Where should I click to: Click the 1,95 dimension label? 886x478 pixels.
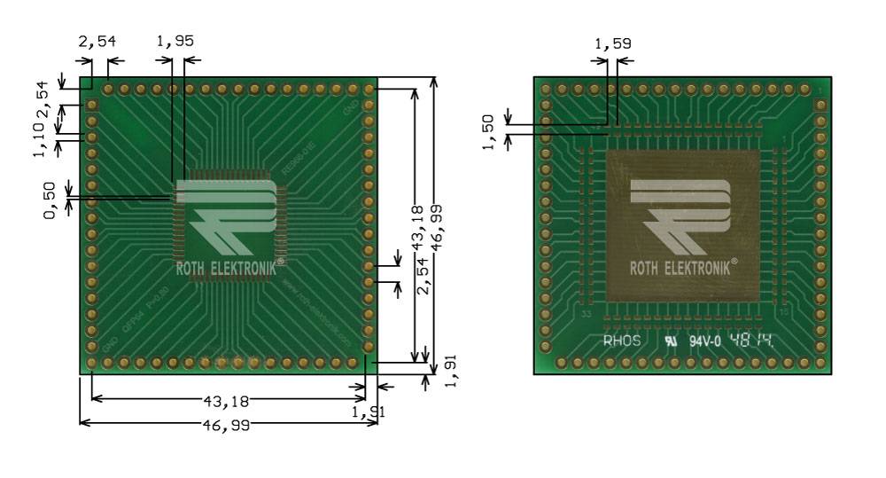coord(175,42)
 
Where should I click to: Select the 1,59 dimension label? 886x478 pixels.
coord(612,43)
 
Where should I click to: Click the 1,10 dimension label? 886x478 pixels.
coord(38,141)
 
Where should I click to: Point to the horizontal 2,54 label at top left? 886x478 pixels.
coord(97,42)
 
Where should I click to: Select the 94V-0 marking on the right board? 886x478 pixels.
coord(707,340)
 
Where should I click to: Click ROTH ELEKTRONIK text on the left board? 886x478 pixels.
coord(226,263)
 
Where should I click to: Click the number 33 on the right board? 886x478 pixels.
coord(586,314)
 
